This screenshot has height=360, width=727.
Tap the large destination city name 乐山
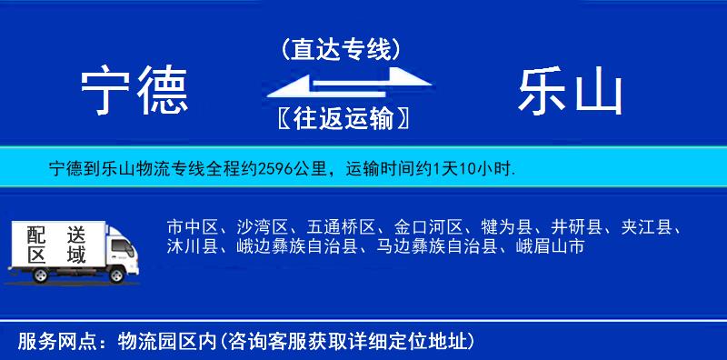571,91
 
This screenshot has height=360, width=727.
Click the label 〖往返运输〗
341,119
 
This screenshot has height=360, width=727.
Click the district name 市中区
189,226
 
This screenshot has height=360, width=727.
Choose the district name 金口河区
429,226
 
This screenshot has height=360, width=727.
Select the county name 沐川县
189,245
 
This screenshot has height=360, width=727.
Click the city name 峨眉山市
550,245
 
